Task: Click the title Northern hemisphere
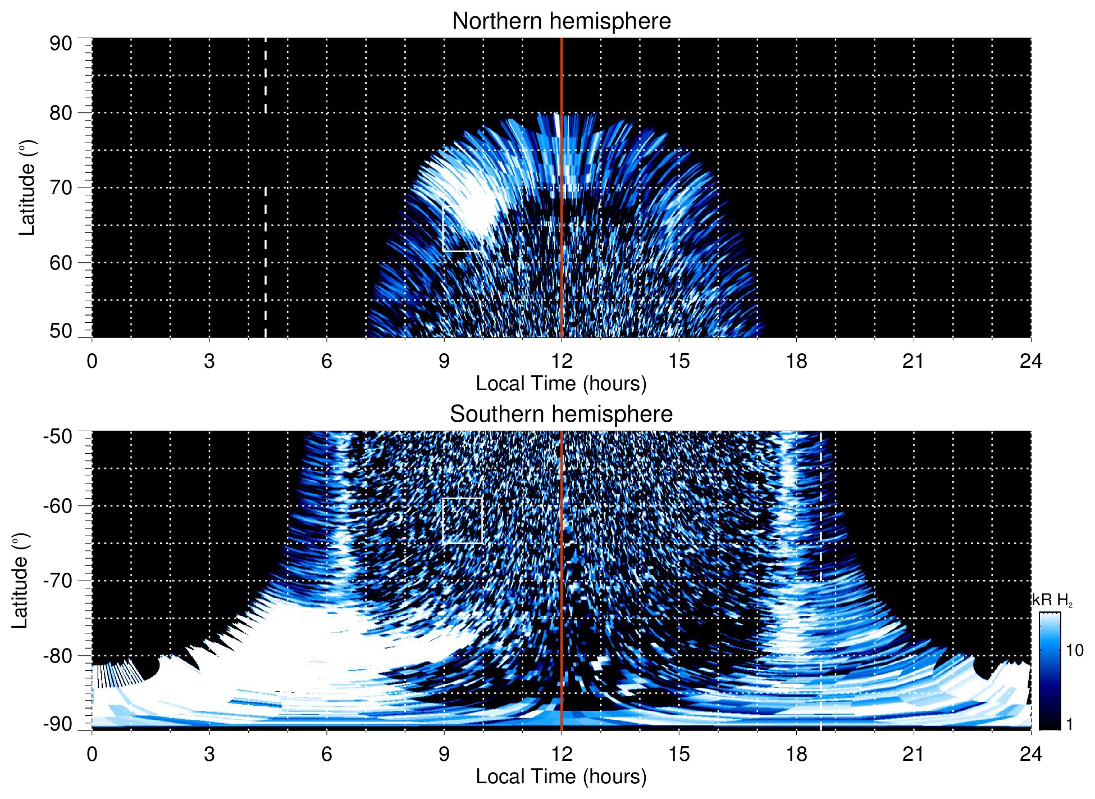tap(561, 21)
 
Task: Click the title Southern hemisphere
tap(561, 414)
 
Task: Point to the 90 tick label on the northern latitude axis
tap(61, 44)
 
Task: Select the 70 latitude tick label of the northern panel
tap(61, 188)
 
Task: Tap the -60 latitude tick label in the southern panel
tap(58, 506)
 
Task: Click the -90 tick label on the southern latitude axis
tap(58, 724)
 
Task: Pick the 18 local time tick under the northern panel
tap(796, 361)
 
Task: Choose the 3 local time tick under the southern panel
tap(209, 754)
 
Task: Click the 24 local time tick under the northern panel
tap(1030, 361)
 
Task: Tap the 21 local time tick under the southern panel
tap(914, 754)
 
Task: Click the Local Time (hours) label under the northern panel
tap(561, 383)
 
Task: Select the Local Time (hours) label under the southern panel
tap(561, 777)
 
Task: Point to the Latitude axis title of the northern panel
tap(27, 188)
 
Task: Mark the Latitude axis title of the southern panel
tap(20, 581)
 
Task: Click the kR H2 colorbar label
tap(1052, 600)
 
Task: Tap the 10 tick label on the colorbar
tap(1074, 651)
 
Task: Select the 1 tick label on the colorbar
tap(1069, 724)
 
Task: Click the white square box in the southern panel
tap(463, 521)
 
